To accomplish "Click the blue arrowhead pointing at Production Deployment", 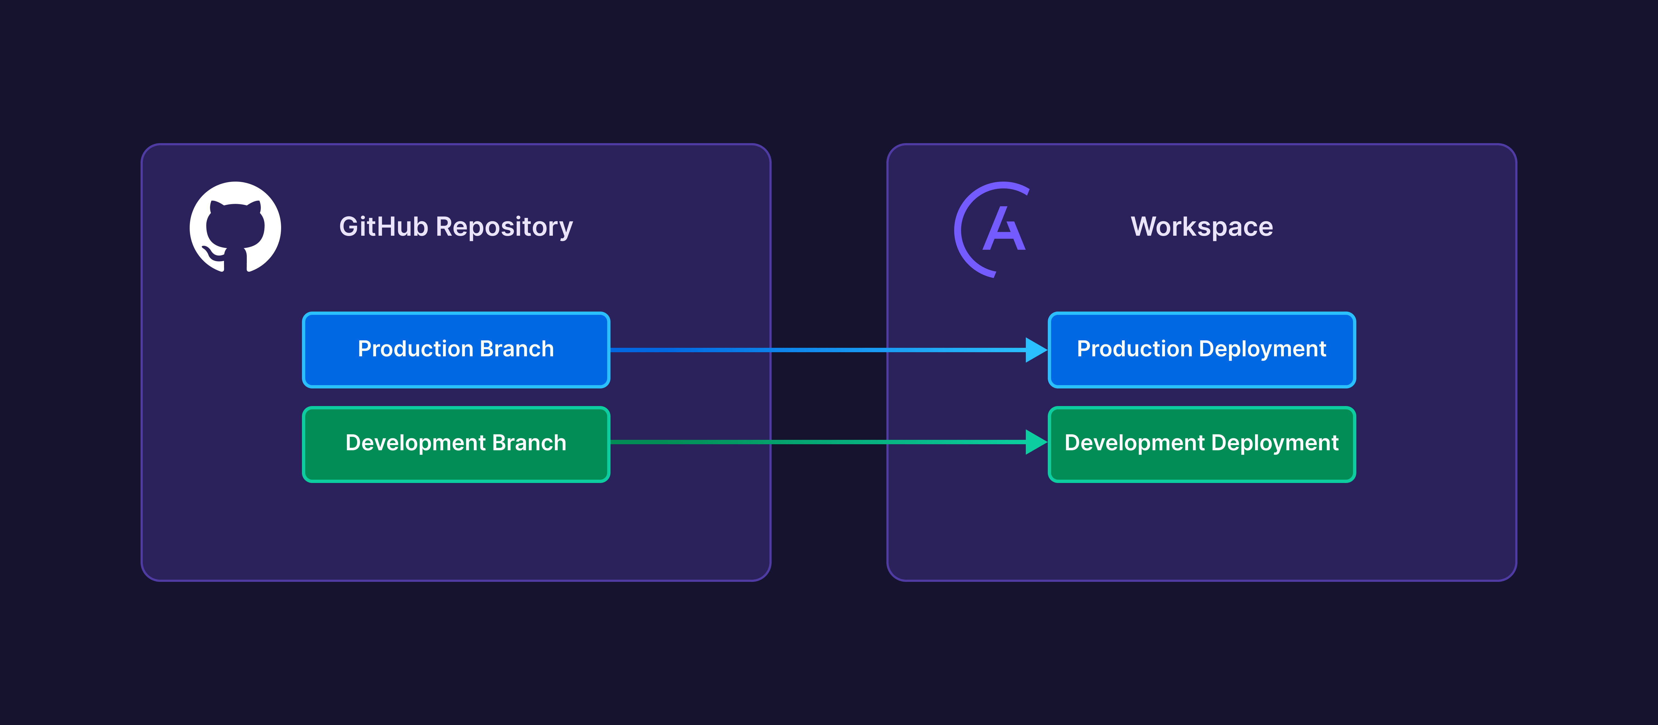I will click(x=1035, y=350).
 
